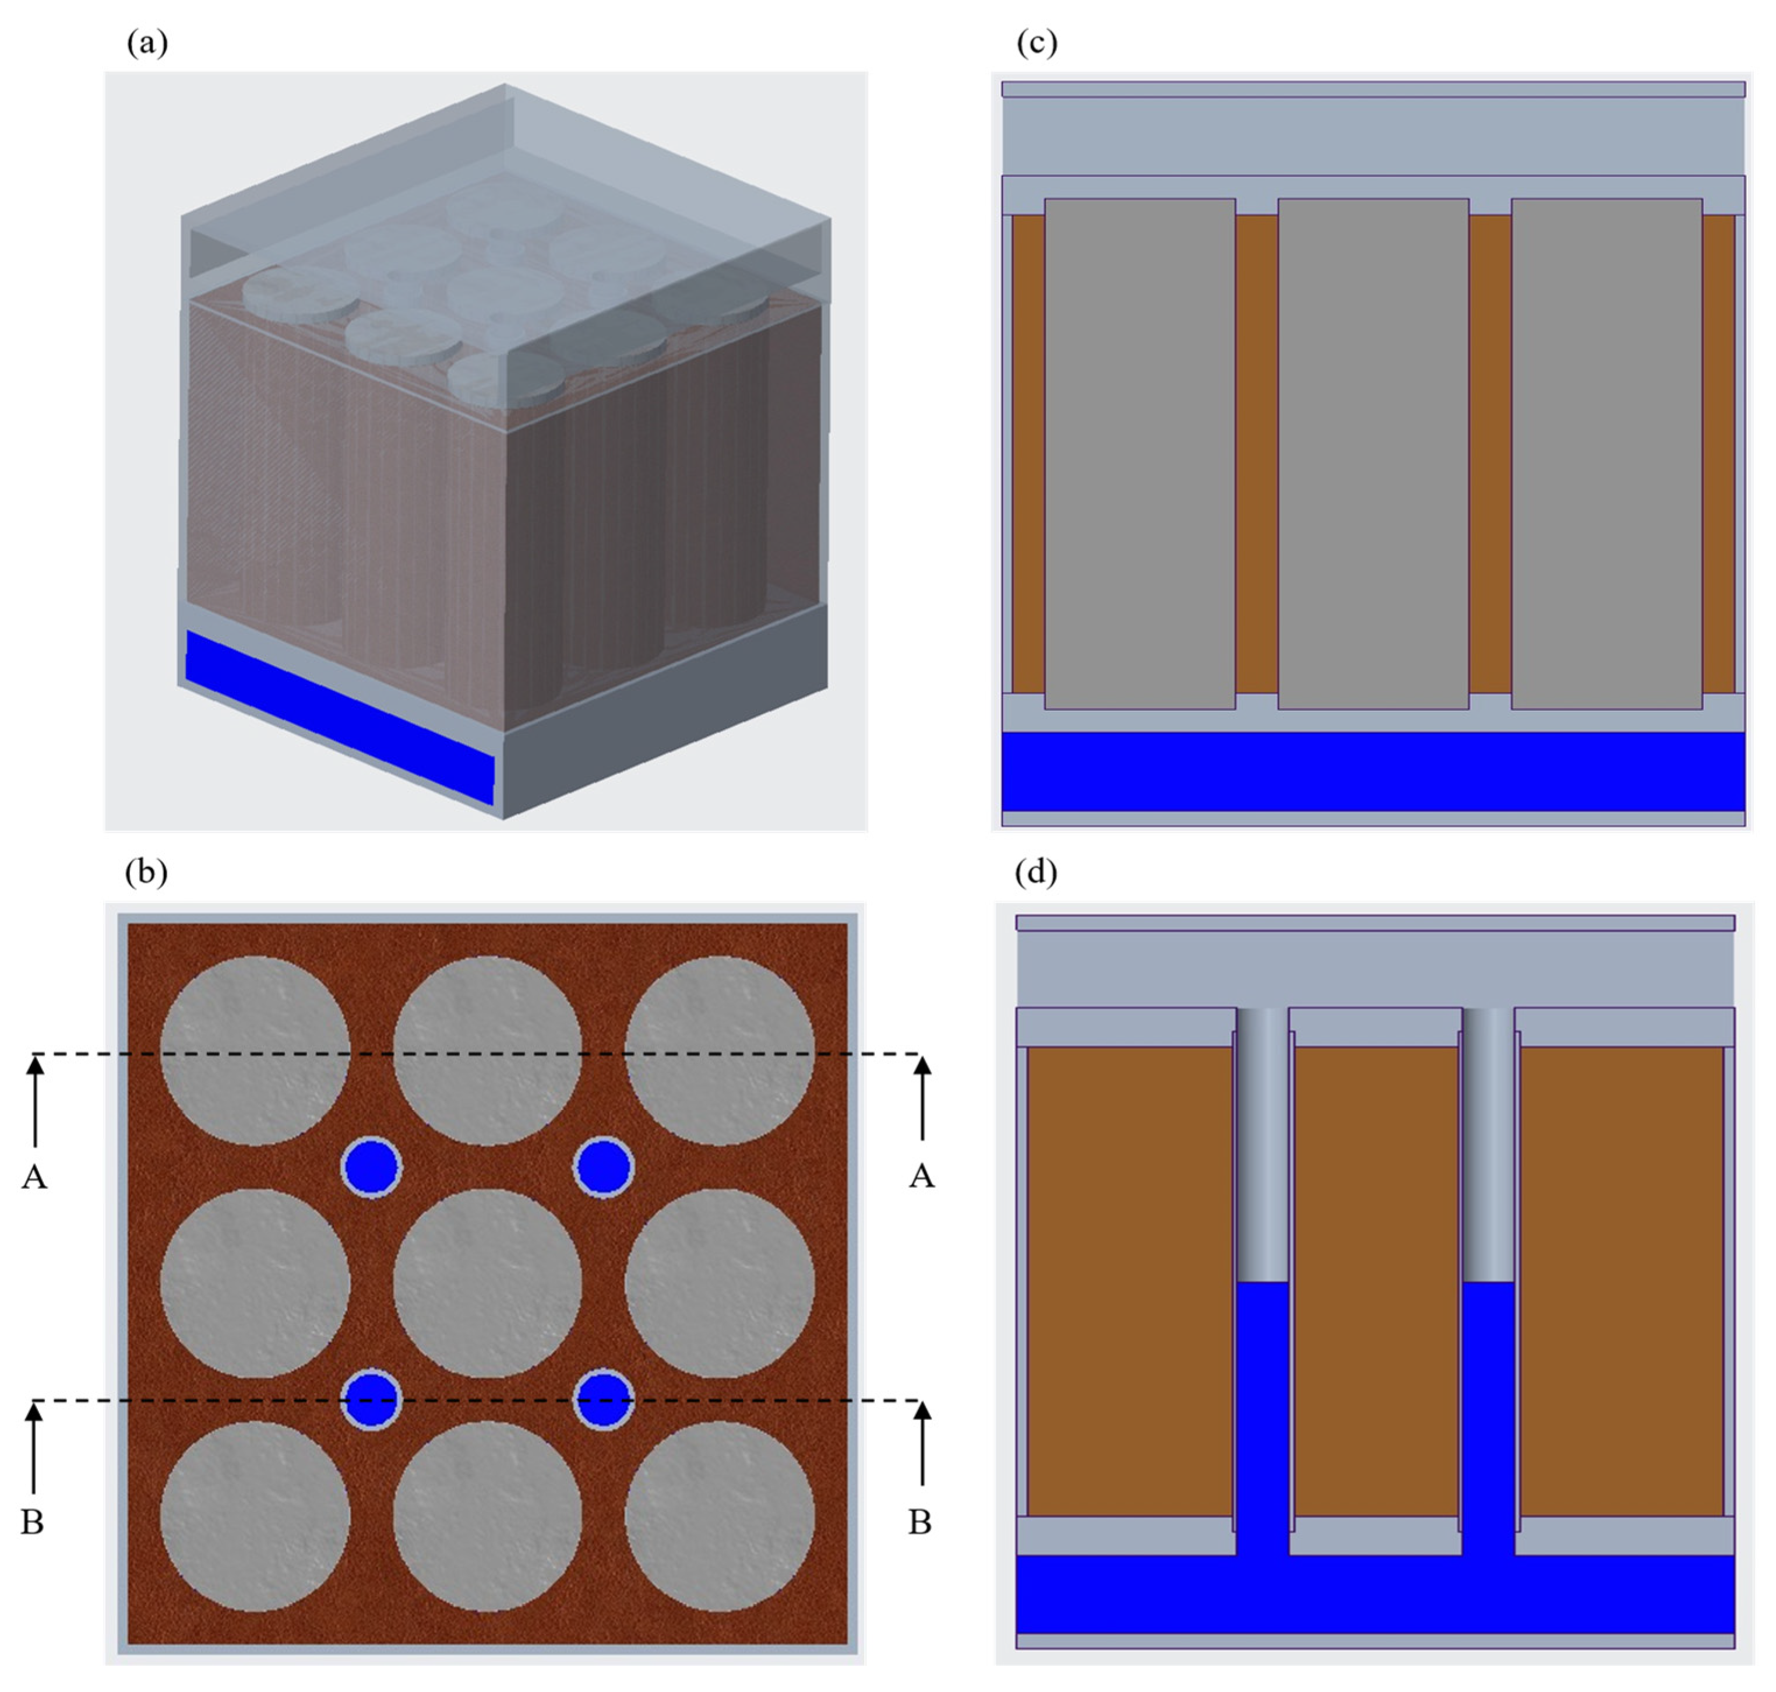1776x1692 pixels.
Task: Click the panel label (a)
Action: [147, 43]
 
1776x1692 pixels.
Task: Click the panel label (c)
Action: [1036, 43]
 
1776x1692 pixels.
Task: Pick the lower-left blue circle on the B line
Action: [371, 1400]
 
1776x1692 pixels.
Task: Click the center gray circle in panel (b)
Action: [488, 1283]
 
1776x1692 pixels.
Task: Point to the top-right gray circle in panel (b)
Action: [720, 1051]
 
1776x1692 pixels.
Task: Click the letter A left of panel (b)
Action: [34, 1177]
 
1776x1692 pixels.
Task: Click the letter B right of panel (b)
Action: [919, 1522]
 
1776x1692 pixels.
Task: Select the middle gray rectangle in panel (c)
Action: [1373, 454]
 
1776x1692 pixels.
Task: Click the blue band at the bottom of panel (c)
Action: [1373, 771]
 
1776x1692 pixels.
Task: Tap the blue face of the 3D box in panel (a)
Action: [340, 717]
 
